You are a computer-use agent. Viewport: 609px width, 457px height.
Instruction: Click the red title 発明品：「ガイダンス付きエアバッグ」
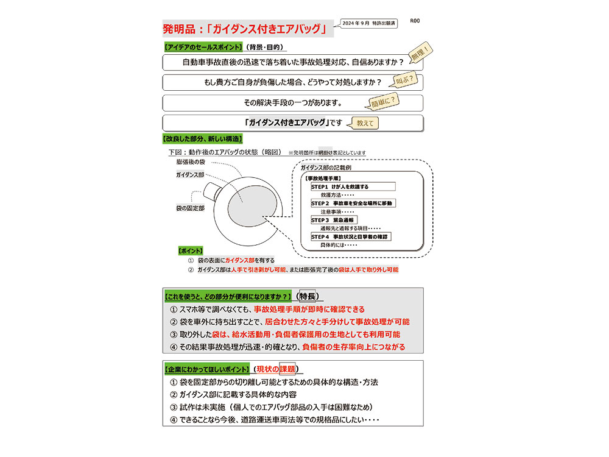click(247, 28)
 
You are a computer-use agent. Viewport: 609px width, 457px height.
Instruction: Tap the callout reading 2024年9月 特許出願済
click(368, 23)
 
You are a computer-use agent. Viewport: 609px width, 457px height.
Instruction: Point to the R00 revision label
click(415, 21)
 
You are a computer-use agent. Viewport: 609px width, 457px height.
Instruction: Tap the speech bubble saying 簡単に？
click(383, 99)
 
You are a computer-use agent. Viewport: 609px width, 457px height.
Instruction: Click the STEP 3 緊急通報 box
click(334, 220)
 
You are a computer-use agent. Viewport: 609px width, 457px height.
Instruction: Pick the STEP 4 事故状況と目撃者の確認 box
click(351, 236)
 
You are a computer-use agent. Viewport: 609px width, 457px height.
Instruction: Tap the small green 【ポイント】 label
click(190, 250)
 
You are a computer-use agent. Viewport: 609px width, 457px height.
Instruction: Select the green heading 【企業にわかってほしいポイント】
click(207, 369)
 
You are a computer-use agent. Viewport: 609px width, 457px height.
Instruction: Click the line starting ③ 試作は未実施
click(272, 407)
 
